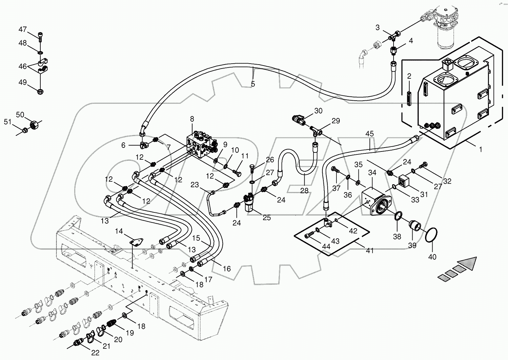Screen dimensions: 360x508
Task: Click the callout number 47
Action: coord(22,30)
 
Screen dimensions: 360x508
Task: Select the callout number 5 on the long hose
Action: coord(253,84)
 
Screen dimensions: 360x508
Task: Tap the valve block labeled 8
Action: coord(201,144)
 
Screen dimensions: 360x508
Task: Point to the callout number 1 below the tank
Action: coord(480,150)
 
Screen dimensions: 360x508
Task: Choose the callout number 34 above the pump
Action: coord(372,172)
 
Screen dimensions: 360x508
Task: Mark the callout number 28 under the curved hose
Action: coord(304,190)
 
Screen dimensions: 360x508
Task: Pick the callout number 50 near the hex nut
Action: coord(20,114)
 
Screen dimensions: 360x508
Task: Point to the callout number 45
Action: coord(369,134)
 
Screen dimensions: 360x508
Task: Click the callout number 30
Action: coord(318,111)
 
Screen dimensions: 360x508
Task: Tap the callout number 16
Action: coord(227,269)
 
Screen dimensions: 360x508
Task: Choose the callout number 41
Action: coord(370,251)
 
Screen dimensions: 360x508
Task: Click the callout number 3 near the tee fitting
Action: coord(377,28)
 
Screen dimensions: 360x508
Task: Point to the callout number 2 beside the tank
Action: coord(409,76)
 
